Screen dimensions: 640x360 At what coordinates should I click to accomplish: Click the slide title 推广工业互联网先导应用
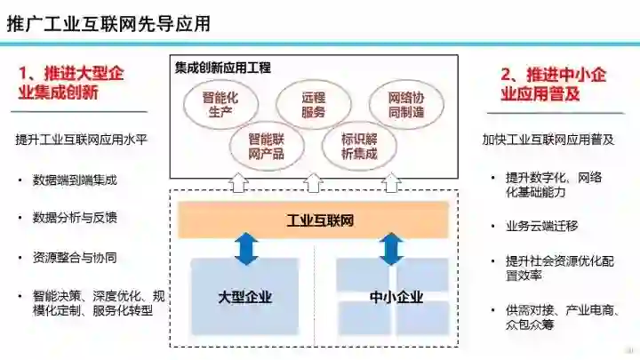[x=108, y=24]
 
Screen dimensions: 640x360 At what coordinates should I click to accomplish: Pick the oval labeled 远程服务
[x=312, y=105]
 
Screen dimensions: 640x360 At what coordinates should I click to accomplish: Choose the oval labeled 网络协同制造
[x=406, y=105]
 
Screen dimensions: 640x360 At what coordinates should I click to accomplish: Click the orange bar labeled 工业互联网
[x=313, y=220]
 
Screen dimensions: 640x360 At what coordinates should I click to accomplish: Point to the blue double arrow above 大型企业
[x=245, y=249]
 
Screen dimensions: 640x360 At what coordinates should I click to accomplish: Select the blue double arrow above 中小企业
[x=390, y=249]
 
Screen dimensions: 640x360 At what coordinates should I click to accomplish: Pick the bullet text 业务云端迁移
[x=542, y=227]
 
